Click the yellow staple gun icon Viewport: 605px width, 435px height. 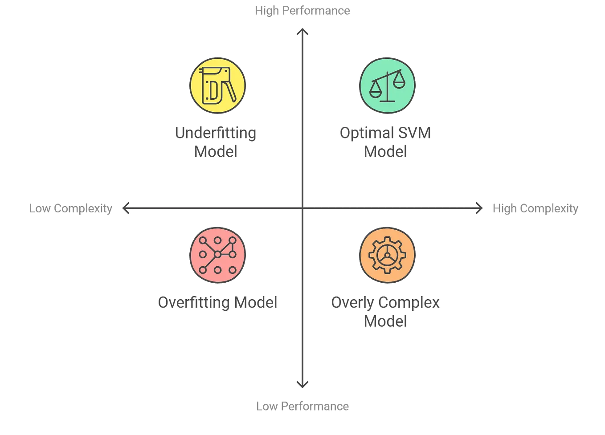(x=217, y=85)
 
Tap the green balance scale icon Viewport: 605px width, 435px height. (x=387, y=85)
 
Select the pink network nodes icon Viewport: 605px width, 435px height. (x=217, y=255)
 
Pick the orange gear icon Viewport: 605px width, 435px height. (x=387, y=255)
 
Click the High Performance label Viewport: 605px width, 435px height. (x=303, y=11)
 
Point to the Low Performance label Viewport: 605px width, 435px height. (x=301, y=406)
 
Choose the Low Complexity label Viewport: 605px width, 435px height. (x=71, y=207)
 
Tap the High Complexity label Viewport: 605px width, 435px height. (x=536, y=207)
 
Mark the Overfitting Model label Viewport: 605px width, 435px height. (x=218, y=303)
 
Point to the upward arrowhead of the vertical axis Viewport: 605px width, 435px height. (x=303, y=33)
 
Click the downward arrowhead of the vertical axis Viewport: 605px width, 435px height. (x=302, y=384)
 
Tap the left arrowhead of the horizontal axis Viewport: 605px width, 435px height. (x=127, y=207)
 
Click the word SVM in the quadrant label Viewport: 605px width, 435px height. (x=415, y=134)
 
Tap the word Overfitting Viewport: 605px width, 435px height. (x=194, y=303)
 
